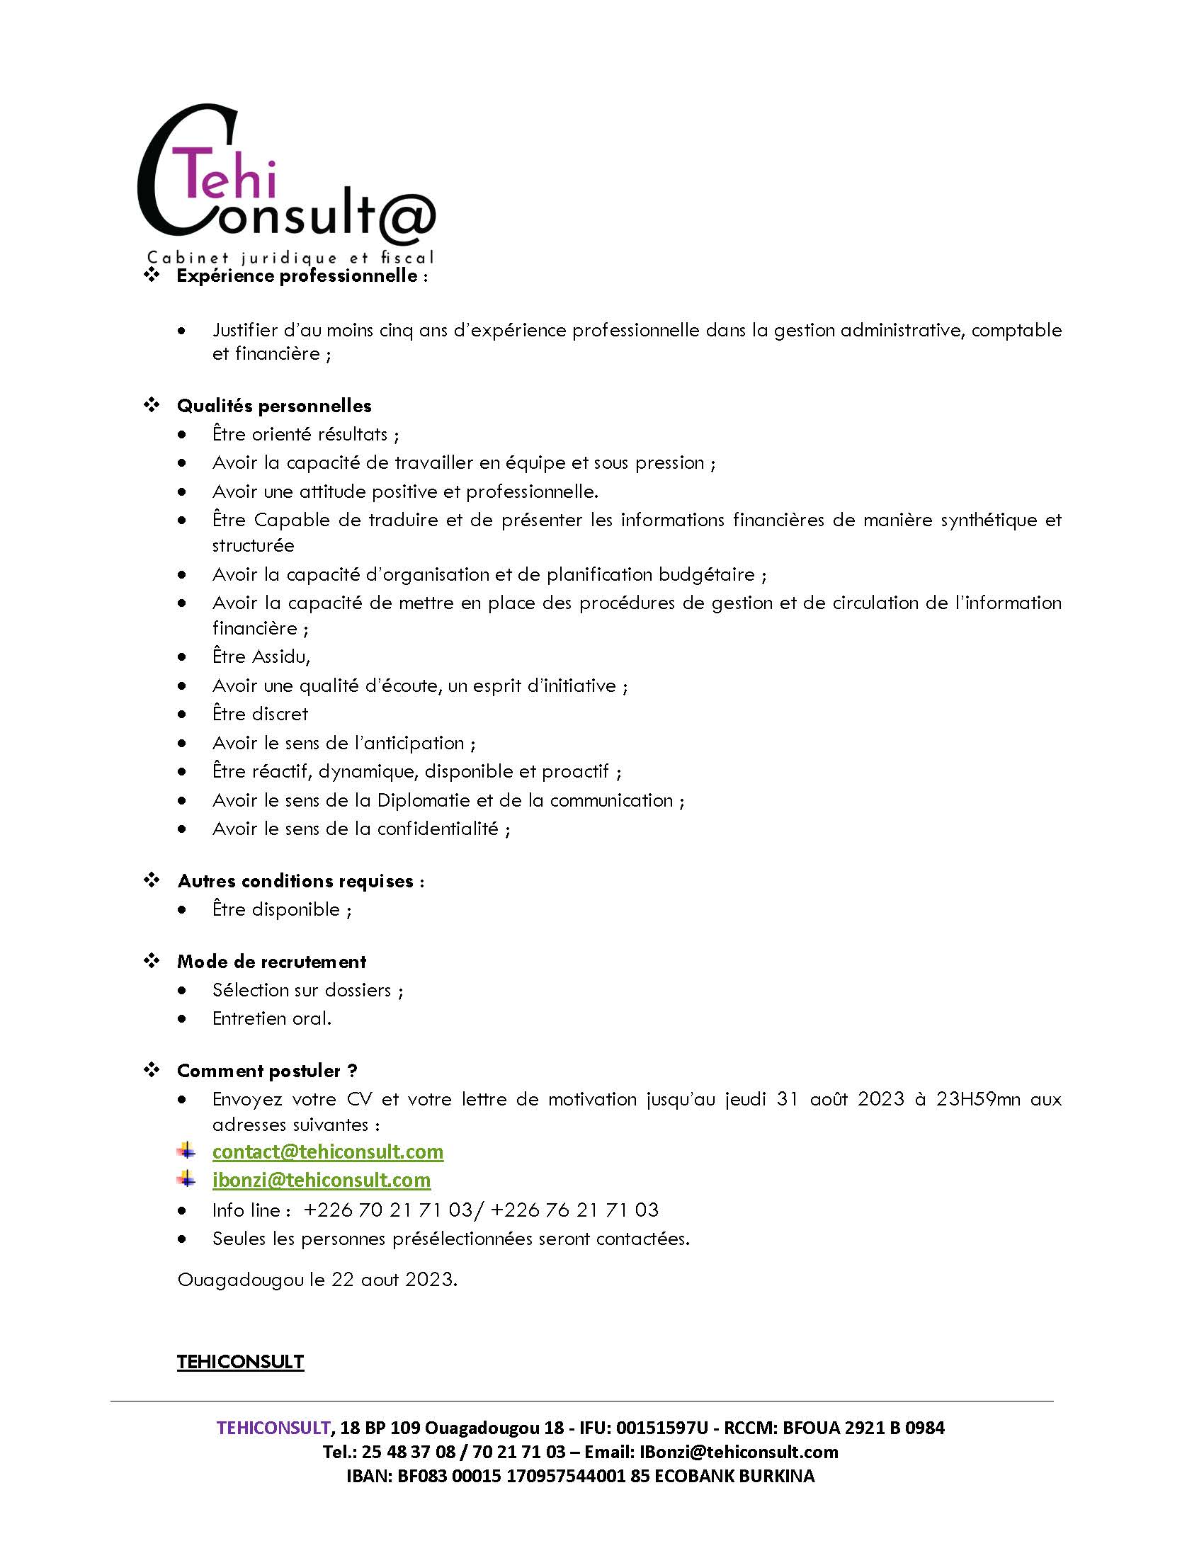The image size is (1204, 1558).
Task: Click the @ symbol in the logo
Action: pos(403,215)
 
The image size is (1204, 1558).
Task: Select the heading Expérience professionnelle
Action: pos(297,276)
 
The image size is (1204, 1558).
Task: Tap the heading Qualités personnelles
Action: pos(275,406)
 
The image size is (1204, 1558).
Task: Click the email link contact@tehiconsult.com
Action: pos(327,1152)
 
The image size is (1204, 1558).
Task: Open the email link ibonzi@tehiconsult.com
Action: pos(321,1180)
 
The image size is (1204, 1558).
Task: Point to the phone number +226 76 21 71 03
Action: pos(575,1210)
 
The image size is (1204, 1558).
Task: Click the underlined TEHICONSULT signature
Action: pos(240,1362)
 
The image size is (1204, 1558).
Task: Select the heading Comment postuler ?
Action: pos(267,1071)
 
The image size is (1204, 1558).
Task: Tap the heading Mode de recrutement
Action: pos(272,962)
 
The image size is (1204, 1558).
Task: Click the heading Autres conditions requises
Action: pos(295,881)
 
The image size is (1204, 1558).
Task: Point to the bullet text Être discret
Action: pos(261,714)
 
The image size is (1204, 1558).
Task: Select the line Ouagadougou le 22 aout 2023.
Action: pos(317,1280)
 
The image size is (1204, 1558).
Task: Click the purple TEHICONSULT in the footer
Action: pos(273,1428)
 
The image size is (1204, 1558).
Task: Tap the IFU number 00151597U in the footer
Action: pos(662,1428)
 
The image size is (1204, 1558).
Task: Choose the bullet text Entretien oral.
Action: pos(272,1018)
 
